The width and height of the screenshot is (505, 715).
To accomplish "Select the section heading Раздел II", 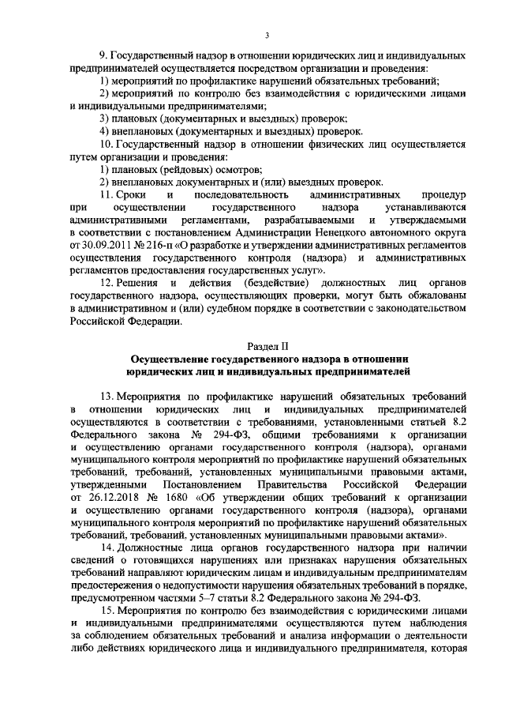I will point(268,346).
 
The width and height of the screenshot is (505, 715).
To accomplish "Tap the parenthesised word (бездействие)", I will point(250,283).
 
